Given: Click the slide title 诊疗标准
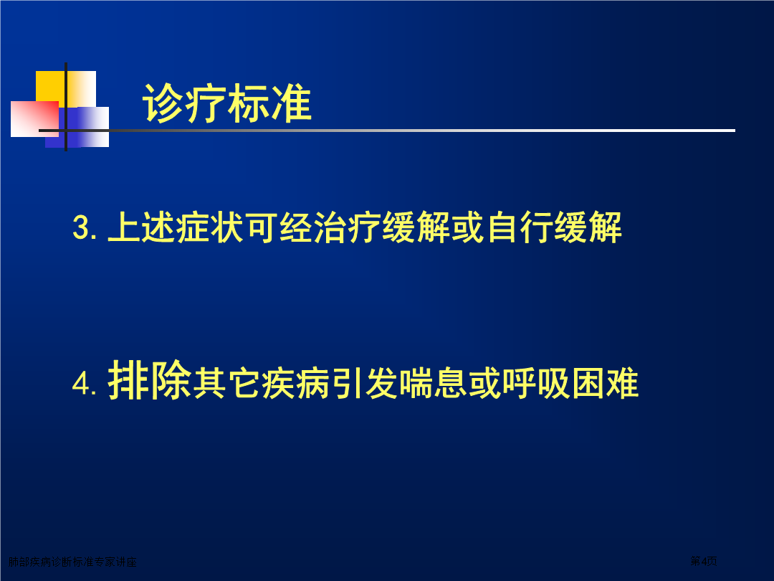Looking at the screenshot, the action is (x=226, y=103).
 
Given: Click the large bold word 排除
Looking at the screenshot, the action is (x=150, y=379).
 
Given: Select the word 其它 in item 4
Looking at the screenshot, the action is (x=226, y=383).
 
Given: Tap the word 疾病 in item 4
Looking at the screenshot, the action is (x=295, y=383).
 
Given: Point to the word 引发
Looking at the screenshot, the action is (x=364, y=383).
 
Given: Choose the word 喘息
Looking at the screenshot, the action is (x=433, y=383).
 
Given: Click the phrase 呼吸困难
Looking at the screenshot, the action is (x=570, y=383).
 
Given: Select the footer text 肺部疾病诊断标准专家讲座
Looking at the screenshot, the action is (x=72, y=562).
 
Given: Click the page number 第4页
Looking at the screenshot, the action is (x=704, y=561).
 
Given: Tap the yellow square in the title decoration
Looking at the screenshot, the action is (x=66, y=89).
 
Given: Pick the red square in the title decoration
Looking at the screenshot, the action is (x=34, y=118).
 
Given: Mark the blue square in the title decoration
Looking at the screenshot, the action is (x=77, y=127).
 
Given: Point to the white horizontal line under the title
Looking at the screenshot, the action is (x=387, y=131).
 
